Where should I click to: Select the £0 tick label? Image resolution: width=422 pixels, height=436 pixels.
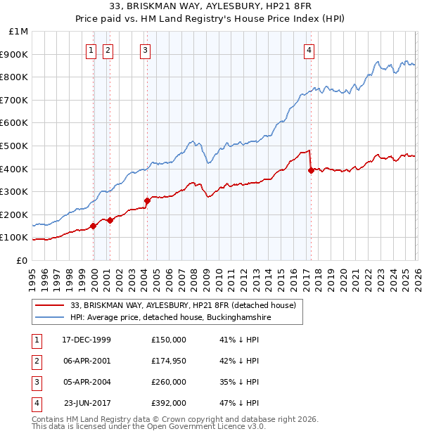pos(22,260)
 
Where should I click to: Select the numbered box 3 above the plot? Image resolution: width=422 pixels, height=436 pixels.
pos(145,49)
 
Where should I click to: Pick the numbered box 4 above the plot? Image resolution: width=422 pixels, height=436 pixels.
pos(309,49)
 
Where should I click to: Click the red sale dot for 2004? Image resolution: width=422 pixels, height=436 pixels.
pos(147,200)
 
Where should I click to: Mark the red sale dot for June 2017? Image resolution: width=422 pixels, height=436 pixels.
pos(311,169)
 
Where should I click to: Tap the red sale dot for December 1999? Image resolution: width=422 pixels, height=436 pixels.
pos(94,226)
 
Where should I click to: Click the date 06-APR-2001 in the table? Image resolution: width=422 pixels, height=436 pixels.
pos(87,361)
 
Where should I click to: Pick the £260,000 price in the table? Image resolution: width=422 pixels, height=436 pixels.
pos(169,382)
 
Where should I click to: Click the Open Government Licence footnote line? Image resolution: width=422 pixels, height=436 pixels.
pos(149,426)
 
